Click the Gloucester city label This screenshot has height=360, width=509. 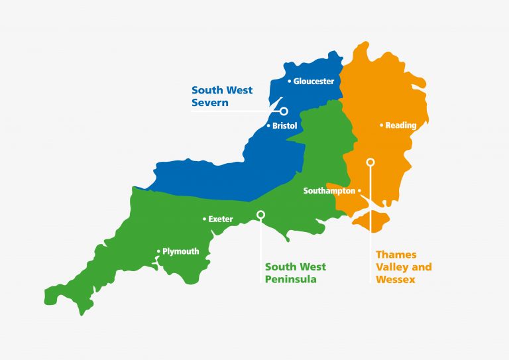[x=313, y=82]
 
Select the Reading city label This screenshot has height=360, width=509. [x=401, y=125]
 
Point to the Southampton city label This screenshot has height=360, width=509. [x=329, y=191]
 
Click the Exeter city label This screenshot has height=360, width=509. [x=221, y=219]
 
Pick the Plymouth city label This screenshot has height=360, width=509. [x=181, y=251]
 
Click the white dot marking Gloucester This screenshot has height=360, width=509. [x=289, y=82]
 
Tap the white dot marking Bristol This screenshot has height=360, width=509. [x=268, y=125]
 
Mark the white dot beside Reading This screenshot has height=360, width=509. [x=381, y=125]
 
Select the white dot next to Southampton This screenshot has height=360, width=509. [x=359, y=191]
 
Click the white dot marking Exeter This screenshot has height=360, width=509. [x=204, y=219]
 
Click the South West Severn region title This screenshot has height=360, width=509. [x=221, y=96]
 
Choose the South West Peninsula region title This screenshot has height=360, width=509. [x=296, y=272]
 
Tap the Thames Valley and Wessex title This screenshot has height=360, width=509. [x=404, y=267]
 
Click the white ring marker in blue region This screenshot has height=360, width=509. [x=284, y=111]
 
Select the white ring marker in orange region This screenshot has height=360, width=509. [x=370, y=162]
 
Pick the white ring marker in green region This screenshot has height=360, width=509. [x=260, y=214]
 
